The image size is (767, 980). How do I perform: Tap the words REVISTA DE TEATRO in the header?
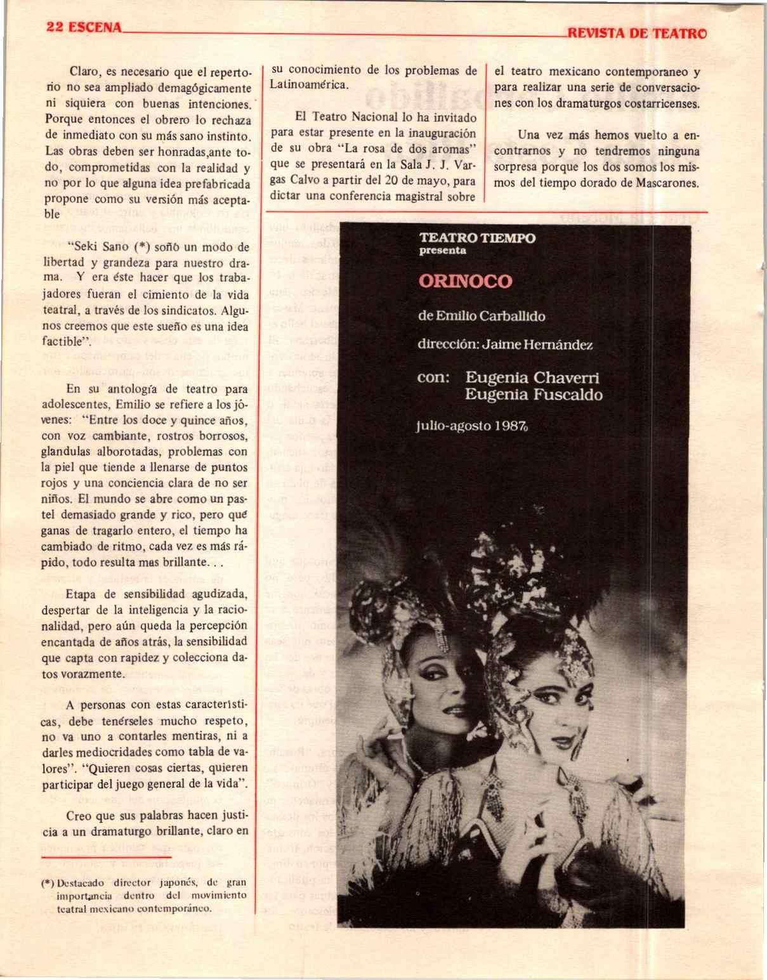pos(637,34)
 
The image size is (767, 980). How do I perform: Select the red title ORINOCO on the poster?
pos(465,281)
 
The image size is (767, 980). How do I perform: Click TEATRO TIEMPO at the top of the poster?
pos(477,238)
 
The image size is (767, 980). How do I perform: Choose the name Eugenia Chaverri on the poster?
pos(532,377)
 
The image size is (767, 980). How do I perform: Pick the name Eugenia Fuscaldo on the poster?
pos(534,395)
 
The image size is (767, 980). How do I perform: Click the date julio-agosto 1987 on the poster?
pos(472,426)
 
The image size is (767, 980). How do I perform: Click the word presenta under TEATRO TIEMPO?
pos(443,251)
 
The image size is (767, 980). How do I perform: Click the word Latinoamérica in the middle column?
pos(309,85)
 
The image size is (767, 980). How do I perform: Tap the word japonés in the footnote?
pos(178,882)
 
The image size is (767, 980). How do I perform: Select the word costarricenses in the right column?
pos(664,103)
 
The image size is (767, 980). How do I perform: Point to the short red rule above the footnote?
pos(106,858)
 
